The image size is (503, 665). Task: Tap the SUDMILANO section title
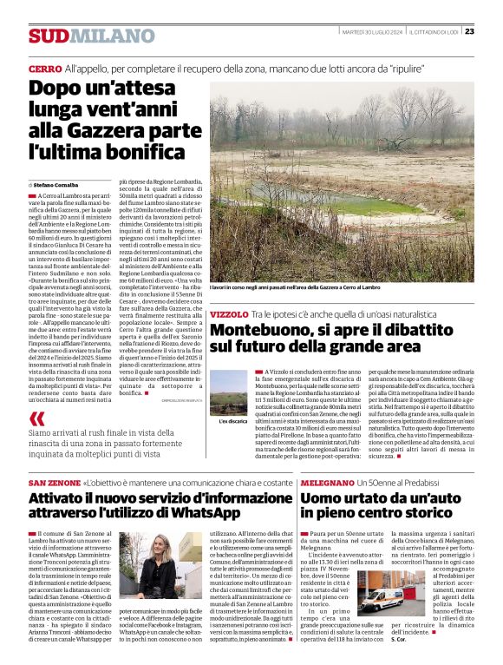(x=79, y=36)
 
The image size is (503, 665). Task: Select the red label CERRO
(x=44, y=68)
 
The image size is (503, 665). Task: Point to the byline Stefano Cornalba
(x=62, y=185)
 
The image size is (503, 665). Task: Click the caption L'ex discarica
(x=233, y=421)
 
